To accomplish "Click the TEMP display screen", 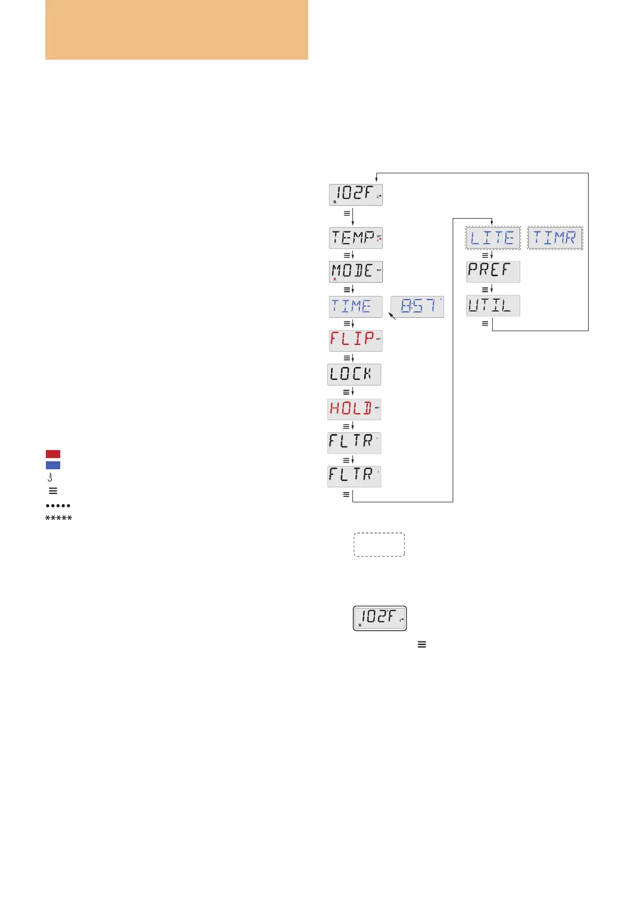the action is click(x=356, y=237).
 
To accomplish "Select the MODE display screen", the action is click(x=356, y=271).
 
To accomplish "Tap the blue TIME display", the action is click(x=356, y=307).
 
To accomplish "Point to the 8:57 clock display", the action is click(x=417, y=307).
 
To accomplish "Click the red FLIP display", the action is click(x=356, y=340).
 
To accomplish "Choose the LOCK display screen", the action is click(x=354, y=374).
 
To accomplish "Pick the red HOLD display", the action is click(x=354, y=409).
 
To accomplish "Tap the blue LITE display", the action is click(x=493, y=238).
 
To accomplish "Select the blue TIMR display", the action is click(x=555, y=238).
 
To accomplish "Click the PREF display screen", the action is click(x=493, y=271).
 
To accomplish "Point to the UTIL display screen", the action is click(x=493, y=306).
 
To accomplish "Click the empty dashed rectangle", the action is click(x=379, y=544).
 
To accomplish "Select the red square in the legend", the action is click(x=53, y=454).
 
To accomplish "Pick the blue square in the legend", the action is click(x=53, y=465).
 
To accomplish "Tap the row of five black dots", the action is click(x=58, y=505).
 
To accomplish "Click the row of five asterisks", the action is click(x=59, y=518).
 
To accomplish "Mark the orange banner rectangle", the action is click(x=176, y=29).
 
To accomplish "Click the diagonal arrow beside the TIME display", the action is click(x=392, y=316).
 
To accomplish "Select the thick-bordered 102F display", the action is click(x=380, y=618).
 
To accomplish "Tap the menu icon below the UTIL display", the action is click(x=485, y=323).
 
